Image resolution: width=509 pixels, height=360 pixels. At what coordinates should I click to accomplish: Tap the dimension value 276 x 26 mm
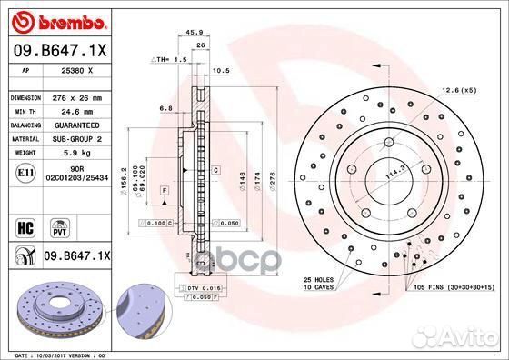(x=79, y=96)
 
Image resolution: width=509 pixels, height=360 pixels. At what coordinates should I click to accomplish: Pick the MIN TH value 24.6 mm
(x=77, y=108)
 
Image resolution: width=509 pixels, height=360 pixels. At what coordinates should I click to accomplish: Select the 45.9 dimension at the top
(x=194, y=34)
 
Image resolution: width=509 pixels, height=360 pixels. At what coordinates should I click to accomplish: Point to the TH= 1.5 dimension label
(x=168, y=58)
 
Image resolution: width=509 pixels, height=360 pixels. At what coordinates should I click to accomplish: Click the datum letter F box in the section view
(x=165, y=190)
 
